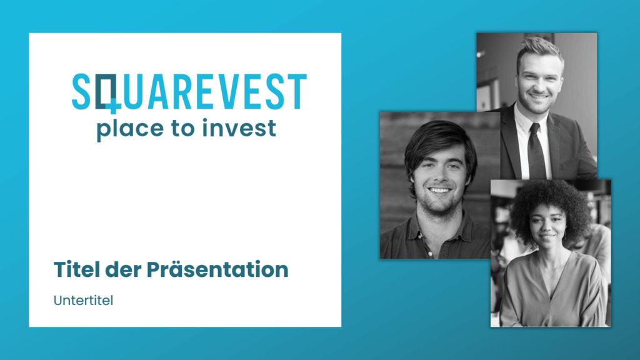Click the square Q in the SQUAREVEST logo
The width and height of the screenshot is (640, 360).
click(107, 93)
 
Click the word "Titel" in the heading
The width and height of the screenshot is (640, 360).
click(77, 269)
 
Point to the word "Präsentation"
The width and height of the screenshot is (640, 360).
click(217, 269)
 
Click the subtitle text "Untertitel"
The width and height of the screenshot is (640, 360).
click(83, 301)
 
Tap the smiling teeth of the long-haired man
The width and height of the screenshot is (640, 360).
click(439, 190)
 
